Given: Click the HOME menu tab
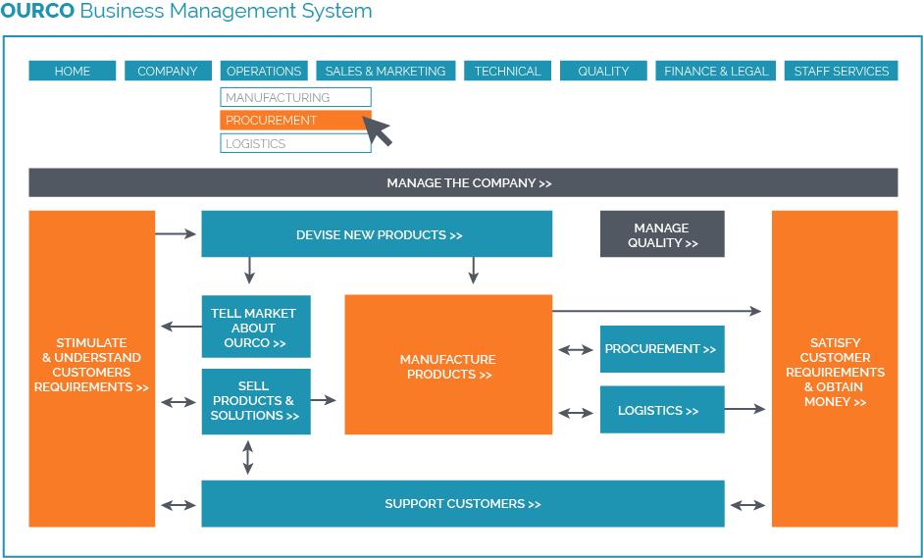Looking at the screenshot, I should [x=73, y=71].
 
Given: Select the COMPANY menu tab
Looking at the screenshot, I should [x=168, y=71].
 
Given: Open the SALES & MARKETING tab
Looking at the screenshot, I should [x=385, y=71].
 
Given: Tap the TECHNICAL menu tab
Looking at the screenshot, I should [x=507, y=71].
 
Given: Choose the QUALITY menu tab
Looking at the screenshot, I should [x=603, y=71].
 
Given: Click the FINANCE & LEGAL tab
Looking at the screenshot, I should [x=716, y=71].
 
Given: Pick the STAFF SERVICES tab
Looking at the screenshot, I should [x=841, y=71].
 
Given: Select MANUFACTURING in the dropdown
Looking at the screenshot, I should [x=295, y=97].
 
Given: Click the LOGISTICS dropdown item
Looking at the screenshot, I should [x=295, y=143].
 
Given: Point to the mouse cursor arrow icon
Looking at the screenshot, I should [x=378, y=129].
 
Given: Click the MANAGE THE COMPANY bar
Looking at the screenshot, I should [x=463, y=182].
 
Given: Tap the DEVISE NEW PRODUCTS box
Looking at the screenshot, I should [x=377, y=234].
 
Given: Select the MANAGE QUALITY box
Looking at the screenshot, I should [x=662, y=234].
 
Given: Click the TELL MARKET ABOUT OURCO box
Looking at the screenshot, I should [x=256, y=328].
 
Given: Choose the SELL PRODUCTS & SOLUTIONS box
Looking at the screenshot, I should [x=256, y=401].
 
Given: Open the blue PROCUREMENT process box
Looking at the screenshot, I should [x=662, y=349].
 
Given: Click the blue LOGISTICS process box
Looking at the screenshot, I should [x=662, y=410].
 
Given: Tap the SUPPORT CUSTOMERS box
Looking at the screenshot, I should [x=463, y=504].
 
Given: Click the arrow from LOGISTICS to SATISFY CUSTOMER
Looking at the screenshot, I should [x=744, y=409].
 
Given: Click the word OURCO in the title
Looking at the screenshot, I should [x=37, y=12].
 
